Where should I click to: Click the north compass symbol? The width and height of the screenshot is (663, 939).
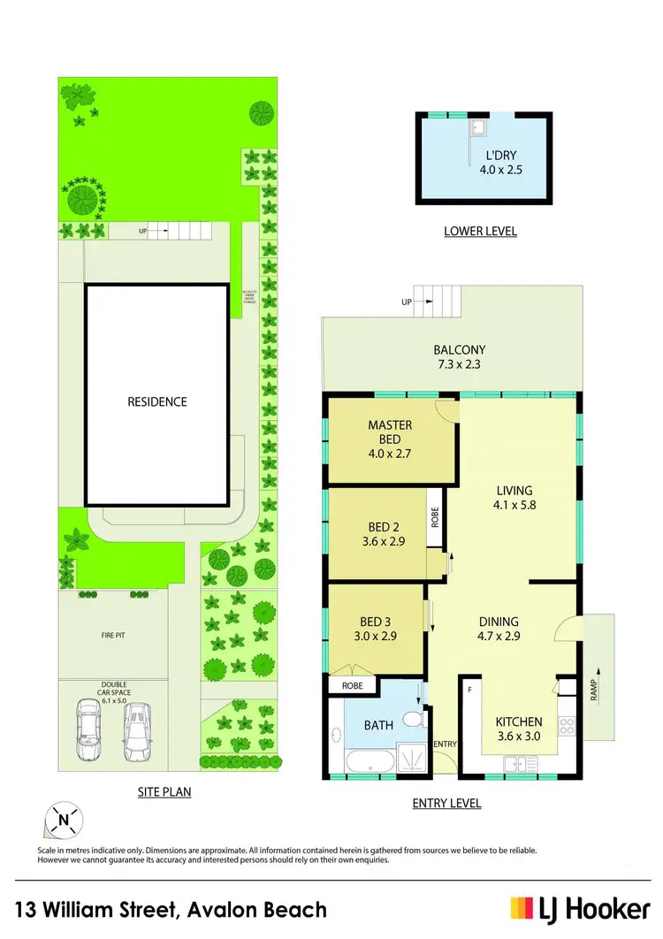[63, 820]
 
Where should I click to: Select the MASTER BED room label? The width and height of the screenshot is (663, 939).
[390, 439]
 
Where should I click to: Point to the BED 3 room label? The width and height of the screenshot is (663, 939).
[372, 629]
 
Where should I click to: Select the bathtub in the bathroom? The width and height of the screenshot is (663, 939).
[364, 763]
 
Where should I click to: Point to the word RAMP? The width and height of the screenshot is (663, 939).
[592, 690]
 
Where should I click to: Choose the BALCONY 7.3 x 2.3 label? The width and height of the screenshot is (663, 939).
[459, 357]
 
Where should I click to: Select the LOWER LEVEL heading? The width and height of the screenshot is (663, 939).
[480, 232]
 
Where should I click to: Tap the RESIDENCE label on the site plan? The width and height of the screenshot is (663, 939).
[157, 401]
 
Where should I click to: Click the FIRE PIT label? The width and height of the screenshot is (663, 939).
[112, 635]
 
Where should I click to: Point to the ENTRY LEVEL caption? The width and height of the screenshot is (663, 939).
[446, 804]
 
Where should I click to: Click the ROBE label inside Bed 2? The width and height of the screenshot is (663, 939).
[435, 516]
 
